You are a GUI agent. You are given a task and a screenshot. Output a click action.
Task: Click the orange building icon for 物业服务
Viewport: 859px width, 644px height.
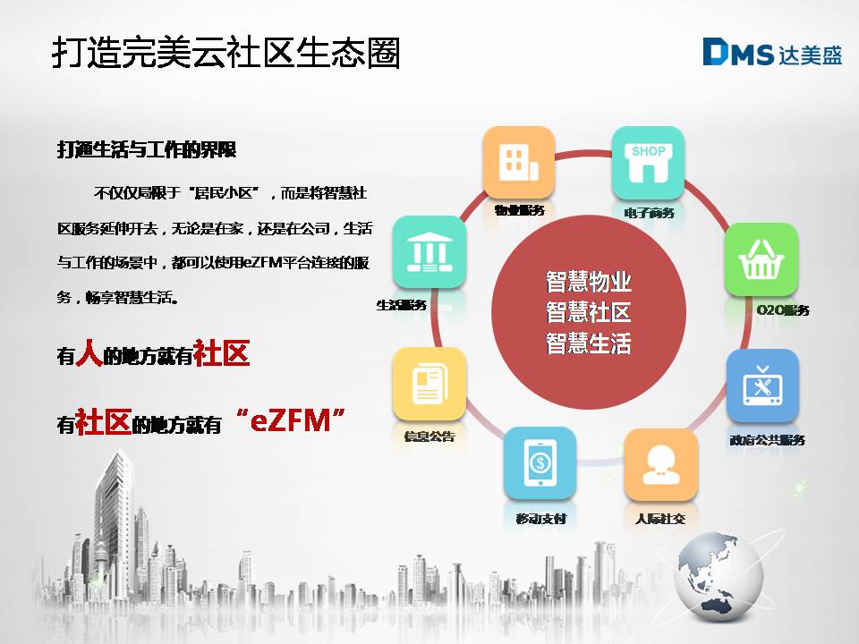[x=518, y=163]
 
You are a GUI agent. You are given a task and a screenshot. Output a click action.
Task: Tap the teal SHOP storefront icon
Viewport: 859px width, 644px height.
[x=648, y=163]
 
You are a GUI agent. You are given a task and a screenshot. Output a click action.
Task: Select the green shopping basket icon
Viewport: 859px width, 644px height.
[x=761, y=259]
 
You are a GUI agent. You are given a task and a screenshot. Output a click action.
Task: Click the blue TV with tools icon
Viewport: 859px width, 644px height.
[x=762, y=385]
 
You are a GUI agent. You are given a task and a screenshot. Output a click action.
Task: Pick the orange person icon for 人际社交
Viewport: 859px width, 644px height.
[x=660, y=464]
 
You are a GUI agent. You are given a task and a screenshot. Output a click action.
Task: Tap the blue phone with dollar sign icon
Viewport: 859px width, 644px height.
[x=540, y=463]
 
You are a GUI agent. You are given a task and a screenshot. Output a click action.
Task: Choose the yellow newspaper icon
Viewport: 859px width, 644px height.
[x=429, y=384]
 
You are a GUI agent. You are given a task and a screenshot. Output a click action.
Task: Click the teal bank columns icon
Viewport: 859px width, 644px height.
[x=429, y=252]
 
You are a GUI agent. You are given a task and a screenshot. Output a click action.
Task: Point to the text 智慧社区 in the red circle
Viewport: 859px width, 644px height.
[x=589, y=312]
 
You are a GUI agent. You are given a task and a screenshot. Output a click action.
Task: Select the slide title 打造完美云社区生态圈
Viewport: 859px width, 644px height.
[x=225, y=53]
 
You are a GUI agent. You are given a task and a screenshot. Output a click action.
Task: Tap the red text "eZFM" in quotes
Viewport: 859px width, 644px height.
[x=290, y=420]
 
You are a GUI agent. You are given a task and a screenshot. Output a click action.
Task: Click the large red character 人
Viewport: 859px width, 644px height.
[x=89, y=352]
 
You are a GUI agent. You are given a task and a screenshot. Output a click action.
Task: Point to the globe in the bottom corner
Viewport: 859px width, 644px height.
[x=719, y=576]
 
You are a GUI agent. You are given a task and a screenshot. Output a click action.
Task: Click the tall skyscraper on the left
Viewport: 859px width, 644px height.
[x=114, y=515]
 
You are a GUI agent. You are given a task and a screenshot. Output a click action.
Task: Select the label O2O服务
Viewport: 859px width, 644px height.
[x=783, y=310]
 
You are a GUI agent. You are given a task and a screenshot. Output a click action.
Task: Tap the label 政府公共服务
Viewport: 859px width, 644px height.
[x=767, y=440]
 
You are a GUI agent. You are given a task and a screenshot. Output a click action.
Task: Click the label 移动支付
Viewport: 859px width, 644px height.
[x=540, y=519]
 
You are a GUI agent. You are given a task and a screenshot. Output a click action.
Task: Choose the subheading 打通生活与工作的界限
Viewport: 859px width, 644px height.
[x=147, y=149]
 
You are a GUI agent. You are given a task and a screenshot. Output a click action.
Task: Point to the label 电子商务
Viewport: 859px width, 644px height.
[x=649, y=213]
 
